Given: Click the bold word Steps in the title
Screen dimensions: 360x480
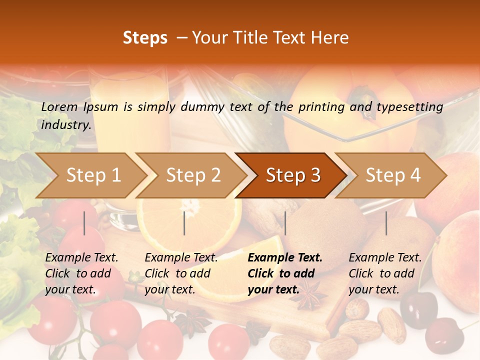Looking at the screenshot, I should coord(145,37).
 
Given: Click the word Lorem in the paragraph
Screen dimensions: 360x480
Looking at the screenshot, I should coord(59,106).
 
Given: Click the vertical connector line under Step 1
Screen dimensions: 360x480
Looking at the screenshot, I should coord(84,223).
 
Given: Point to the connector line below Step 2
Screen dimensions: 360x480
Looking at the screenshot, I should coord(184,223).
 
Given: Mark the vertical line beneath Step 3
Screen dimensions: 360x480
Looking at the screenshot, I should coord(285,223).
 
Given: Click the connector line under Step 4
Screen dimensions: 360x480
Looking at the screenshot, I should coord(386,223).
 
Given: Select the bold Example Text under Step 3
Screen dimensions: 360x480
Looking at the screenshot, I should coord(285,257).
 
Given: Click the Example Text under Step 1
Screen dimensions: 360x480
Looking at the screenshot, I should coord(81,257).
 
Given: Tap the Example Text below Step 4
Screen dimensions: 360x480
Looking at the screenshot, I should coord(385,257).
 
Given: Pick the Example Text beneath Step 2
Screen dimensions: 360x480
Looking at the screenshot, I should coord(181,257).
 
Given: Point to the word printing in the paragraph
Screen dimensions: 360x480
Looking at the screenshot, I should coord(316,106).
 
